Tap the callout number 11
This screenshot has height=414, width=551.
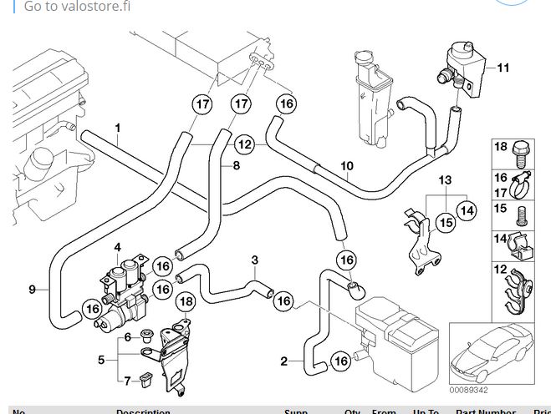(x=503, y=66)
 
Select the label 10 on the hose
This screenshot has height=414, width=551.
(x=346, y=166)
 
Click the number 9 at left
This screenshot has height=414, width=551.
(x=32, y=290)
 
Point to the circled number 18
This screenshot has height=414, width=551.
(x=186, y=301)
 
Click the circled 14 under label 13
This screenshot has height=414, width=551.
(x=467, y=211)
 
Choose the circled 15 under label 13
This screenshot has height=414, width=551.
(x=445, y=223)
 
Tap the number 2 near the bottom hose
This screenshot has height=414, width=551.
(x=284, y=361)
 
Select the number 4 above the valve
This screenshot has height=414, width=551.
(x=118, y=246)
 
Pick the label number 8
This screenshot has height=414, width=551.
(x=236, y=165)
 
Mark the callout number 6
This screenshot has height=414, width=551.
(x=128, y=337)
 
